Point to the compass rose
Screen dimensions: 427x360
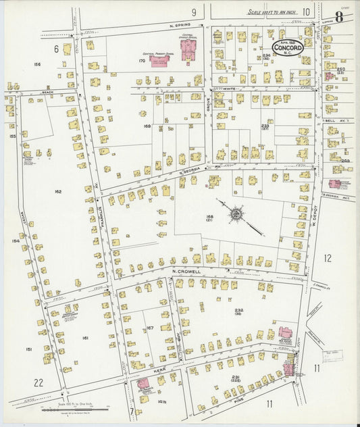click(x=236, y=215)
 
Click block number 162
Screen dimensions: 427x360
click(x=58, y=192)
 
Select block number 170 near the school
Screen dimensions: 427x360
click(x=142, y=61)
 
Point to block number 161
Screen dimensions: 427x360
click(x=85, y=337)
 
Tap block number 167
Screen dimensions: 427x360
click(x=149, y=328)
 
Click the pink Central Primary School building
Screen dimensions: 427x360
click(x=159, y=61)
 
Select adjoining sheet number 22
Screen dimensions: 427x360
click(x=38, y=382)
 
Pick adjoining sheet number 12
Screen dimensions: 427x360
click(x=327, y=257)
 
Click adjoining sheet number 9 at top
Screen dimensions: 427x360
click(x=193, y=11)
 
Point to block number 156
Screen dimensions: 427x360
click(x=37, y=65)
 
